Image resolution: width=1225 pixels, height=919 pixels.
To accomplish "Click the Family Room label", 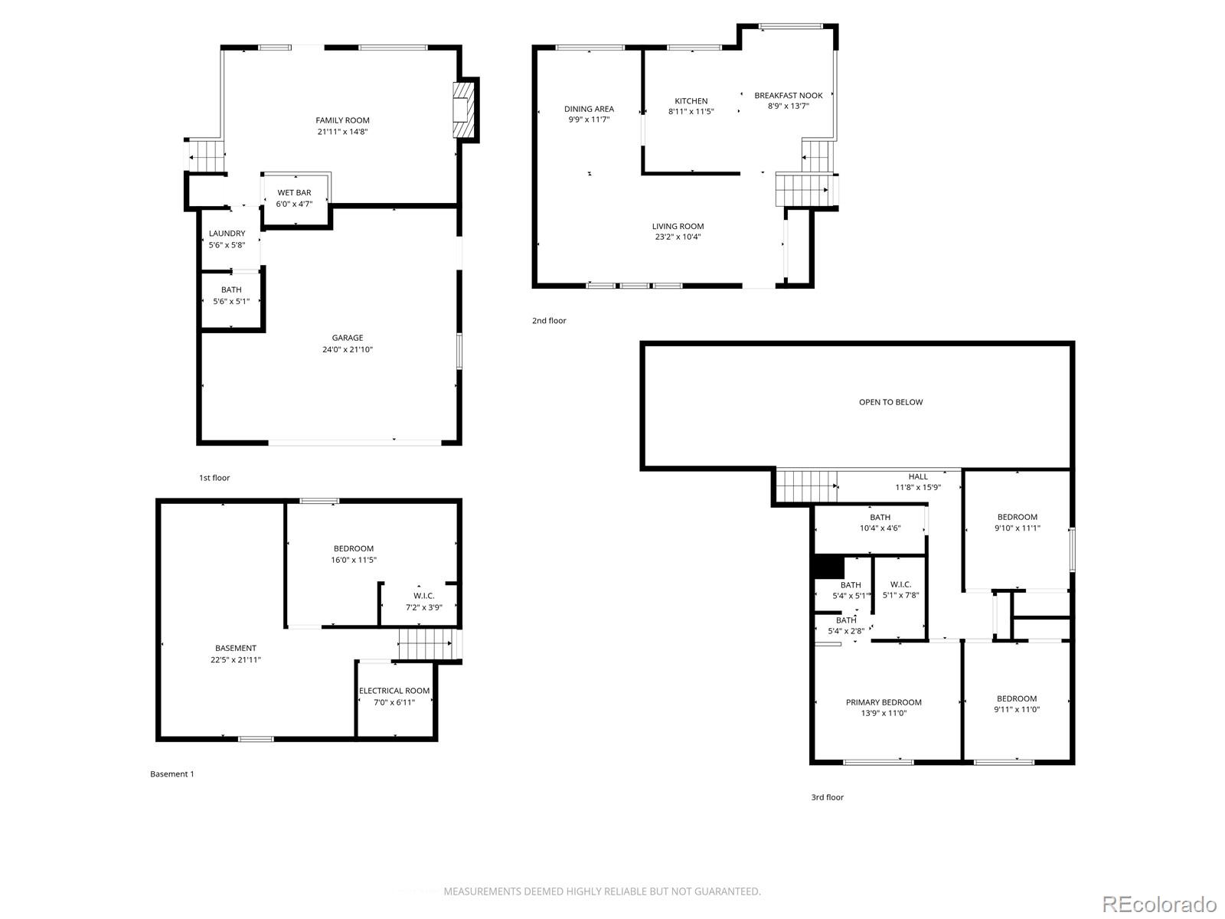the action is click(342, 120).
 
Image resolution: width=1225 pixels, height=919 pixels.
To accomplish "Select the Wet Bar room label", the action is click(294, 192).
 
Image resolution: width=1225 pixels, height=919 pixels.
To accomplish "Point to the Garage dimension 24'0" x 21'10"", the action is click(347, 350).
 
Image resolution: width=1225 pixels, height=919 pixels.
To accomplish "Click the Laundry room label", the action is click(227, 234).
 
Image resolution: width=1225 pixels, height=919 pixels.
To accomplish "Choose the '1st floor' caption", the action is click(214, 478).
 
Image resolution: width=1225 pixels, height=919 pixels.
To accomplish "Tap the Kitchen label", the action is click(691, 101).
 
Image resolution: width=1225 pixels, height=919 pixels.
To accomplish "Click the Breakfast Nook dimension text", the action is click(788, 106).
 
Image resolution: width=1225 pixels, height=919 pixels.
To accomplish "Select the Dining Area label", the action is click(589, 109).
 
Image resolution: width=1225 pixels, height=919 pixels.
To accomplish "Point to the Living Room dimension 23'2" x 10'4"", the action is click(678, 237).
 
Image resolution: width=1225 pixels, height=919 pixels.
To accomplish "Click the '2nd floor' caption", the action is click(549, 320).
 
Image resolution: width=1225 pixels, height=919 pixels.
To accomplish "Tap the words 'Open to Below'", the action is click(890, 402).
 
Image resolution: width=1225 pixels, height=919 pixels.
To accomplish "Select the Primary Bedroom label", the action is click(884, 702).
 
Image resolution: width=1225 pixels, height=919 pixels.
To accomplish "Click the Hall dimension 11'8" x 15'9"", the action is click(918, 487).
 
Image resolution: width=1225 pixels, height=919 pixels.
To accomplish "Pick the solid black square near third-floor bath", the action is click(828, 567).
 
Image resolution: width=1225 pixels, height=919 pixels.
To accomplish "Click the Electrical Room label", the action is click(394, 691).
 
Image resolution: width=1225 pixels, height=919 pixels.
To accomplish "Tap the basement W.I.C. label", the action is click(424, 596).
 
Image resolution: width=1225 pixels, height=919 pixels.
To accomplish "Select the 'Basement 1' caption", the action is click(172, 774).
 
